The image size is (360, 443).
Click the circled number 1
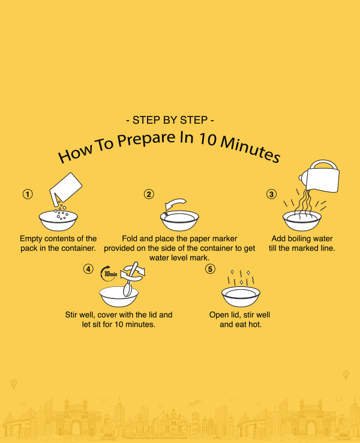28,194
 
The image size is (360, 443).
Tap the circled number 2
149,194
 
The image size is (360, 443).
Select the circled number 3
271,194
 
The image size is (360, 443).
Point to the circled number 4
88,269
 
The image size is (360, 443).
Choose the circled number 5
210,269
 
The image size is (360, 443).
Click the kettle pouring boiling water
320,176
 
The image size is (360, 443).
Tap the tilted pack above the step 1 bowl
65,187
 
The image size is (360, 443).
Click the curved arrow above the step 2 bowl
175,203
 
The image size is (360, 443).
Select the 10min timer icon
109,274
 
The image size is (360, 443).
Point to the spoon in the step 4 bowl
130,280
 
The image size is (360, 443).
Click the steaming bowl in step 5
241,296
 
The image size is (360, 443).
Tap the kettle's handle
323,164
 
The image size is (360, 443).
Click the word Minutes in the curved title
250,149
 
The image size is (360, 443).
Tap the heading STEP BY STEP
170,120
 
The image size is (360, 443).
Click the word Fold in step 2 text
130,238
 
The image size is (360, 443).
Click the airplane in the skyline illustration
194,403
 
